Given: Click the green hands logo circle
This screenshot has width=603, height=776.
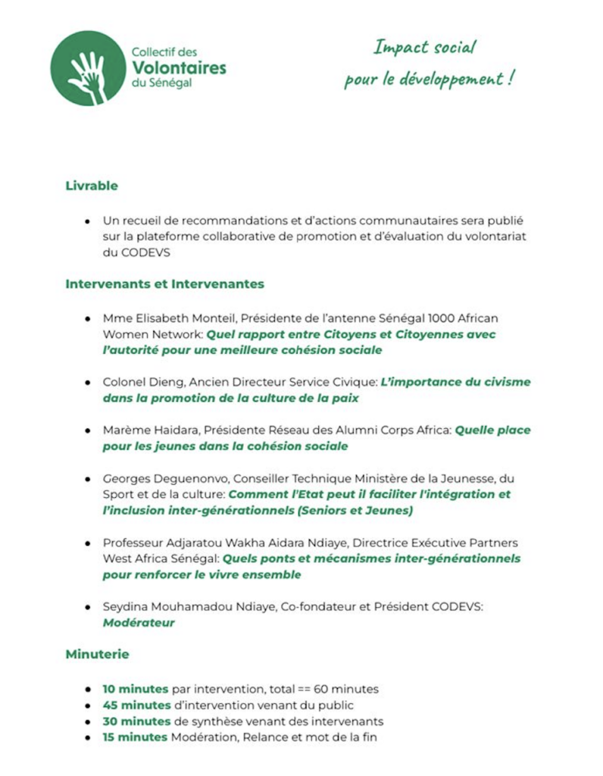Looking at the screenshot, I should (x=89, y=67).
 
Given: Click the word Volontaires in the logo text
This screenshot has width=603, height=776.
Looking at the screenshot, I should (x=179, y=67).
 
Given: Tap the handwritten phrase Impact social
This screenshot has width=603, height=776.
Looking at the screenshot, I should (x=424, y=48).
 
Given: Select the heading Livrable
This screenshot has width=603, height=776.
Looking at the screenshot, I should (x=92, y=185).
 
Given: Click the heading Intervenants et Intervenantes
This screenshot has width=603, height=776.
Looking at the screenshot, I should (x=164, y=284).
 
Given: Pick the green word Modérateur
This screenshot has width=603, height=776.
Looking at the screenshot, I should (x=139, y=623).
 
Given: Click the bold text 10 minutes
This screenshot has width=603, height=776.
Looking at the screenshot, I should (x=136, y=690).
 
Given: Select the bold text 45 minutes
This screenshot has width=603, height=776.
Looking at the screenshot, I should (x=136, y=706).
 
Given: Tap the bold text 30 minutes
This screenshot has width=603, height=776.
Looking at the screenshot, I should (x=136, y=721).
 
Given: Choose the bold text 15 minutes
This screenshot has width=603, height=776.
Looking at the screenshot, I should (x=136, y=737).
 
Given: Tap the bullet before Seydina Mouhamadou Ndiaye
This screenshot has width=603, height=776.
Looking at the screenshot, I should (x=89, y=608).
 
